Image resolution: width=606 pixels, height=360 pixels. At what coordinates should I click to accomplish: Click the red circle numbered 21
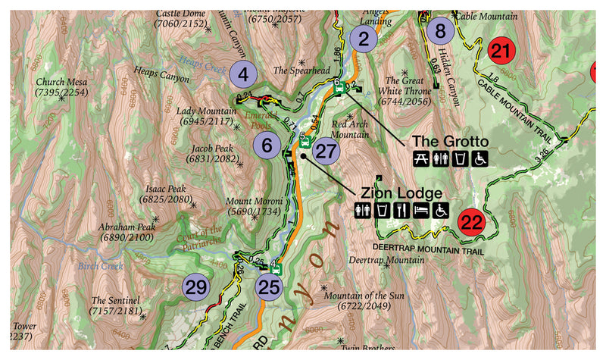(x=501, y=52)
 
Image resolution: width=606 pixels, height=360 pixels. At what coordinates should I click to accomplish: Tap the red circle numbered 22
(x=471, y=223)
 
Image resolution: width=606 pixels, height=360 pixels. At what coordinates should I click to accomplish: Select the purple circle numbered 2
(x=364, y=39)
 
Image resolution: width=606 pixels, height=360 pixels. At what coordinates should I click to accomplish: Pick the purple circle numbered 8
(x=440, y=32)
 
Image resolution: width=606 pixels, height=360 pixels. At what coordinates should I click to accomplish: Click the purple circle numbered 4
(x=244, y=74)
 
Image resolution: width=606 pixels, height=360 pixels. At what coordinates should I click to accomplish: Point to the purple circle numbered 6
(x=267, y=145)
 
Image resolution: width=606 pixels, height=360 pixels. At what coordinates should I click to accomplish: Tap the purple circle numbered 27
(x=325, y=152)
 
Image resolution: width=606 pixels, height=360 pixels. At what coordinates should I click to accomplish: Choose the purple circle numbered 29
(x=196, y=287)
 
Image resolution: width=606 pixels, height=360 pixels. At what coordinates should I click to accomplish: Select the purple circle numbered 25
(x=269, y=286)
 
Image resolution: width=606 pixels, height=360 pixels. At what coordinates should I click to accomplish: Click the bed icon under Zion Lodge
(x=421, y=209)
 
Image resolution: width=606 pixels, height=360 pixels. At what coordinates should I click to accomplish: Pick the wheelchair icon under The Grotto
(x=479, y=158)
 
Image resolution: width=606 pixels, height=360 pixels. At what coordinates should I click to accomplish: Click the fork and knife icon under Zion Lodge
(x=402, y=209)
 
